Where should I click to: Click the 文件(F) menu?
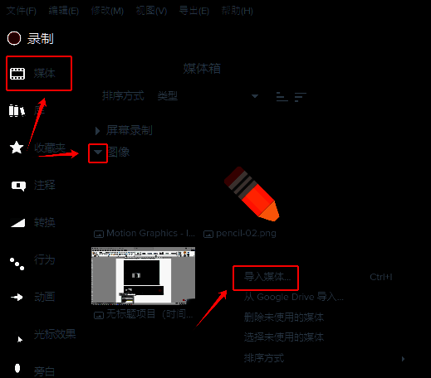22,11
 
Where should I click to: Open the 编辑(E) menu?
64,11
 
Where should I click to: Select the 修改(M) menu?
107,11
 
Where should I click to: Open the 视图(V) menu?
150,11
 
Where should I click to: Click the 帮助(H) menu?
237,11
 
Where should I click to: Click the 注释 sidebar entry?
44,185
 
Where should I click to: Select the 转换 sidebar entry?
44,222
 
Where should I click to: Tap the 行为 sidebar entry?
44,259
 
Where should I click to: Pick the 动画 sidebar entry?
44,297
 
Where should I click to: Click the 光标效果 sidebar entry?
55,335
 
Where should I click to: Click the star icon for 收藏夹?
17,148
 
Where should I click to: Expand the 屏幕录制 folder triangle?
98,130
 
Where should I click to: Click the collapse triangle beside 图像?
98,153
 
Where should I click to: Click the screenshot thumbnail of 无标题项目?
142,275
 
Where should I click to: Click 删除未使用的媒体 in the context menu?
284,317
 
